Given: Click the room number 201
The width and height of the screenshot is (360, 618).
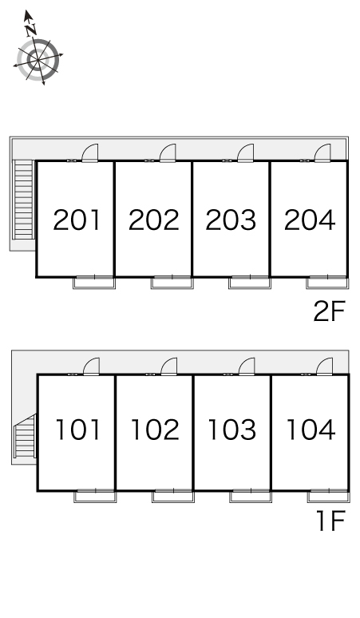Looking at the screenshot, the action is click(x=77, y=220).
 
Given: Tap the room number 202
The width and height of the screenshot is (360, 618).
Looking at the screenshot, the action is click(x=154, y=220).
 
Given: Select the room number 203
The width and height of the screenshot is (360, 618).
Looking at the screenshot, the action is click(x=231, y=220).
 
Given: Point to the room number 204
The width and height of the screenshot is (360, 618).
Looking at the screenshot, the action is click(x=310, y=220).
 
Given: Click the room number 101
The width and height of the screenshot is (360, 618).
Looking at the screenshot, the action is click(x=78, y=430).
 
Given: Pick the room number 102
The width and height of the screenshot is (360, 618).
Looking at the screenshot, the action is click(x=155, y=430).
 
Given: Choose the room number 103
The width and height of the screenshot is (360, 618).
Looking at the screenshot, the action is click(x=232, y=430).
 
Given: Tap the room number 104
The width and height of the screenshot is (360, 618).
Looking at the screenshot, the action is click(x=311, y=430).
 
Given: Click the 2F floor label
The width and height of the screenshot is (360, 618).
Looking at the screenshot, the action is click(x=330, y=311).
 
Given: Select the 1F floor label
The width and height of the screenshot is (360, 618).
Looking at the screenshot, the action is click(x=330, y=521).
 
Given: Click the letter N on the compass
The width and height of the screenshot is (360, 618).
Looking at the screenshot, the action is click(x=31, y=30).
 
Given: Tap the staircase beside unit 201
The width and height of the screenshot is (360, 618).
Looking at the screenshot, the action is click(x=23, y=200).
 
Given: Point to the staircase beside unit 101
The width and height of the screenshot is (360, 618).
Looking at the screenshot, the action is click(x=25, y=435).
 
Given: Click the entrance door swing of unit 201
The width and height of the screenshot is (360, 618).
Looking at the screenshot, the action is click(x=90, y=153).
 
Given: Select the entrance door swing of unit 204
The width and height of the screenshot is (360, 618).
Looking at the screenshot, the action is click(x=323, y=153).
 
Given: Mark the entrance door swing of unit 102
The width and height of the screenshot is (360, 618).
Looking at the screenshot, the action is click(x=169, y=366).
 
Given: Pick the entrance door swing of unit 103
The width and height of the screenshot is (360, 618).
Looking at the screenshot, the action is click(x=247, y=366).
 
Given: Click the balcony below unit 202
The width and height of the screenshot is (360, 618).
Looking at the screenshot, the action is click(x=172, y=283).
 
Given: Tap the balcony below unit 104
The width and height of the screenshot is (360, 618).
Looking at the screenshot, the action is click(x=329, y=496).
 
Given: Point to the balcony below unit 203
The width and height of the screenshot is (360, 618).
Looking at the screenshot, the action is click(x=250, y=283).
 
